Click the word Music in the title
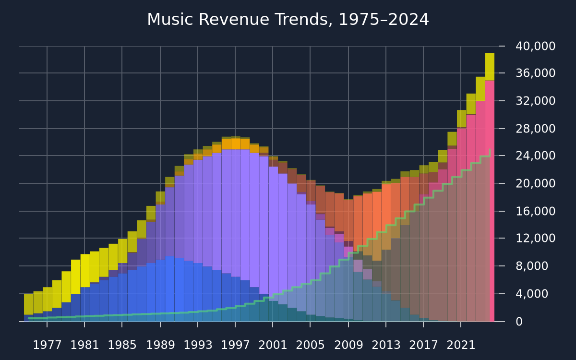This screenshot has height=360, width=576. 170,20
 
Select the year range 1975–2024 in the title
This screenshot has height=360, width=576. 384,20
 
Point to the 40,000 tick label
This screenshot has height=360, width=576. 535,46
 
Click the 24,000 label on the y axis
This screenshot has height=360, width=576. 535,156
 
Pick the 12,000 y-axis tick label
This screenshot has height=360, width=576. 535,238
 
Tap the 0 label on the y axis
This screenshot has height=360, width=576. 519,322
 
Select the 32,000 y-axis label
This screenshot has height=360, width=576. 535,101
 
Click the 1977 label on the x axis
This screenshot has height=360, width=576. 48,345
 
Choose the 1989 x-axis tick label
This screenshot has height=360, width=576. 160,345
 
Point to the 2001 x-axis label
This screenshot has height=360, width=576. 273,345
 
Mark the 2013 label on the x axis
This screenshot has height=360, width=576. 386,345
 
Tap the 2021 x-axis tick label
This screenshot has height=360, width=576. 461,345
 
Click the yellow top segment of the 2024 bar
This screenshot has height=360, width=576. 490,67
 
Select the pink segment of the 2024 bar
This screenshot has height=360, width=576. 490,201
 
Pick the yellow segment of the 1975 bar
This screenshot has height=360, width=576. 28,304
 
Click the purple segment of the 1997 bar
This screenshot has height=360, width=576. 236,213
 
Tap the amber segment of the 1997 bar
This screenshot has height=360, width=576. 236,144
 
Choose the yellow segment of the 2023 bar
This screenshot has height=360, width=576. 480,89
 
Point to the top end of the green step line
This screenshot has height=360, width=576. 490,149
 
